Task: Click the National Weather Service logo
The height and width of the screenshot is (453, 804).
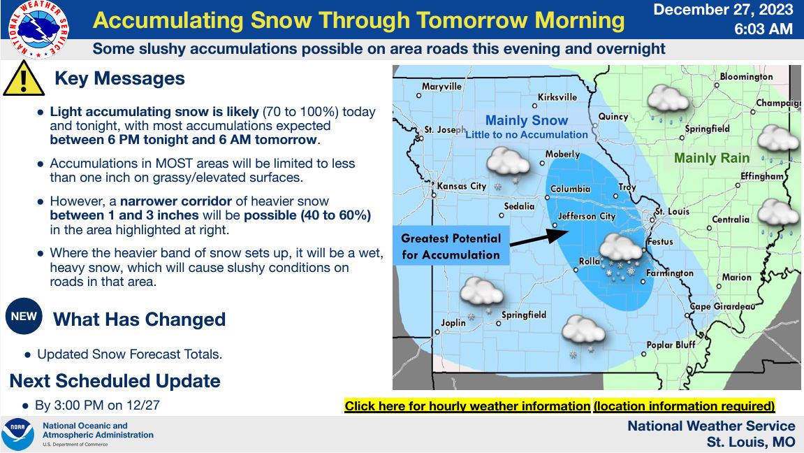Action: point(39,29)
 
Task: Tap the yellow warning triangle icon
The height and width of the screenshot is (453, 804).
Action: point(24,79)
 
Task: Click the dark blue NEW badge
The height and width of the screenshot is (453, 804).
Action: point(24,316)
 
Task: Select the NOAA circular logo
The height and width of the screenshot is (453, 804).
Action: point(18,435)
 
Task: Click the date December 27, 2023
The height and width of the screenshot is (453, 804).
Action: point(723,10)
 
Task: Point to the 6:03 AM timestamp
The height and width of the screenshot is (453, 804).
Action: point(763,29)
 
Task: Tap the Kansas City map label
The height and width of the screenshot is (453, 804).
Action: point(462,186)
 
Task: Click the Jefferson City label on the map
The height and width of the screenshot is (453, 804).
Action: point(587,217)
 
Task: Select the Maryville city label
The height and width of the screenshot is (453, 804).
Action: point(441,86)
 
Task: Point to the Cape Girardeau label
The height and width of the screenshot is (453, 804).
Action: point(722,306)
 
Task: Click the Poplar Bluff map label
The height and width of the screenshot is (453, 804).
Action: point(671,345)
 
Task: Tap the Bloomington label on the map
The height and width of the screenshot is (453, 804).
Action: point(746,76)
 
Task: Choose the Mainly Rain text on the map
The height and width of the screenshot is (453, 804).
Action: point(712,158)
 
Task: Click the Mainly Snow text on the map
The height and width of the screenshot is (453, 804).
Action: point(527,120)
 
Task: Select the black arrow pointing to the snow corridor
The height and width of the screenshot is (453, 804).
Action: point(539,238)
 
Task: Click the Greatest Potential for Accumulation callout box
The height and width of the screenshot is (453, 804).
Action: point(451,246)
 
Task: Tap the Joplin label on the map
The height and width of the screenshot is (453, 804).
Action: point(453,323)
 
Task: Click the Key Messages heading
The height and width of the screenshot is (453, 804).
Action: point(119,78)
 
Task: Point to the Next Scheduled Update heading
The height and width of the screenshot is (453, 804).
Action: point(115,381)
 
